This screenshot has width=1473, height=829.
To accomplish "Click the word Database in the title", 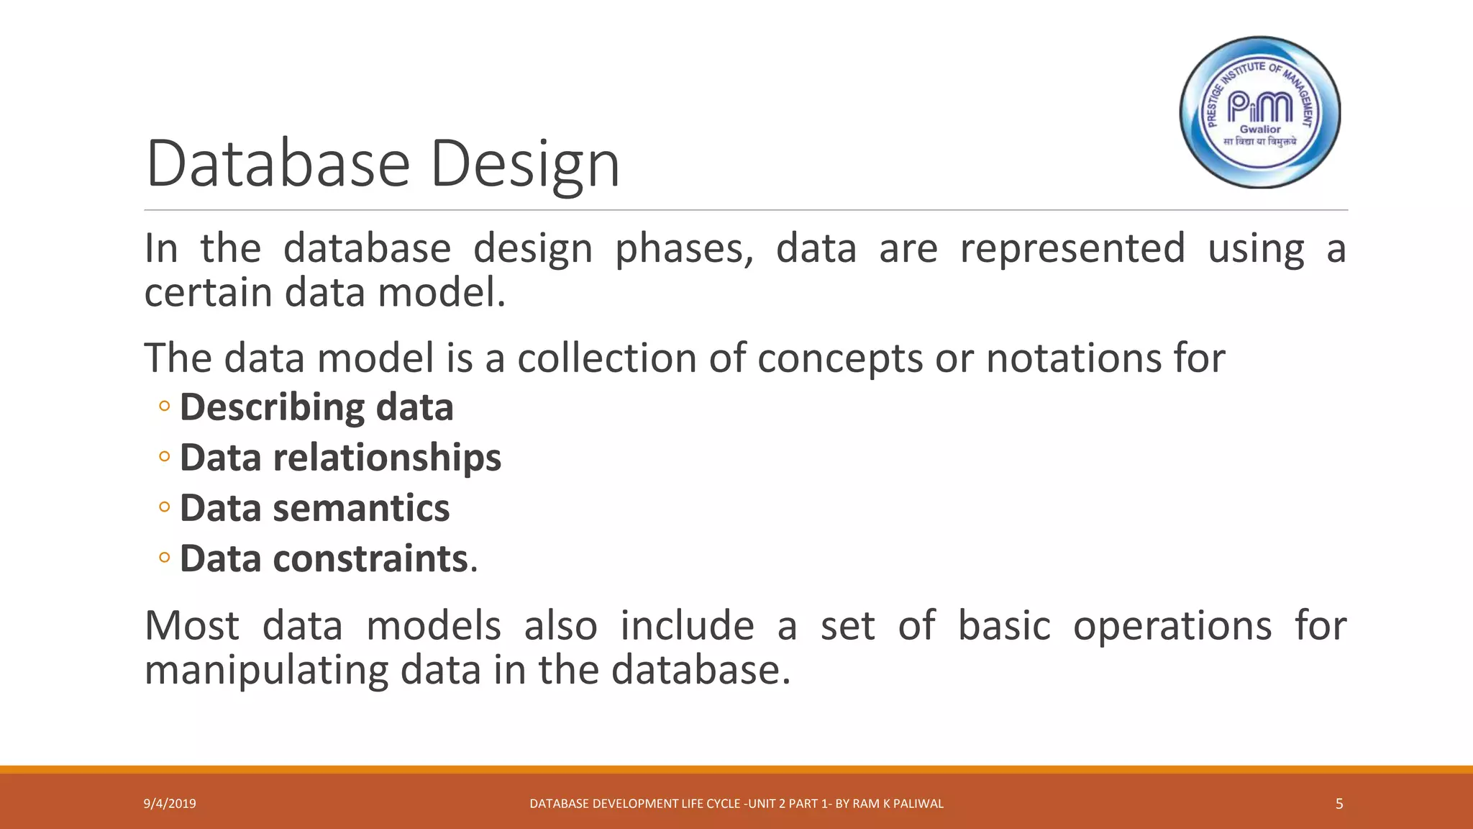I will [x=278, y=164].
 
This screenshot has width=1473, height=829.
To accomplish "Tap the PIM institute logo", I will [x=1260, y=112].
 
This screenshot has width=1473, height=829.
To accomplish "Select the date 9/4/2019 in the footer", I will [x=170, y=804].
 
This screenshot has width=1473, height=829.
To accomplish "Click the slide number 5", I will [x=1339, y=804].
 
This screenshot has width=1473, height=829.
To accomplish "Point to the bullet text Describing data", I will [x=316, y=407].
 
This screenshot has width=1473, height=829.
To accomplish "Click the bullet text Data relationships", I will [x=340, y=458].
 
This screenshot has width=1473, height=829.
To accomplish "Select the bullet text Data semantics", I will [x=314, y=508].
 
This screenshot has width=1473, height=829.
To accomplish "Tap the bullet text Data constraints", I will [x=324, y=558].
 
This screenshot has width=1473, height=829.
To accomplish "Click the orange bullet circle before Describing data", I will [x=165, y=407].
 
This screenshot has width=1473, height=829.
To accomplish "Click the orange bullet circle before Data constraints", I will [x=165, y=558].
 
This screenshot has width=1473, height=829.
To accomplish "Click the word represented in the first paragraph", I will [x=1072, y=249].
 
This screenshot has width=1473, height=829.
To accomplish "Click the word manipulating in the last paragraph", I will [x=266, y=670].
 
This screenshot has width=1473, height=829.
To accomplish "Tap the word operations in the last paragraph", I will [x=1172, y=625].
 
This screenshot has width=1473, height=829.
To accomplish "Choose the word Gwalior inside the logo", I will [x=1260, y=130].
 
